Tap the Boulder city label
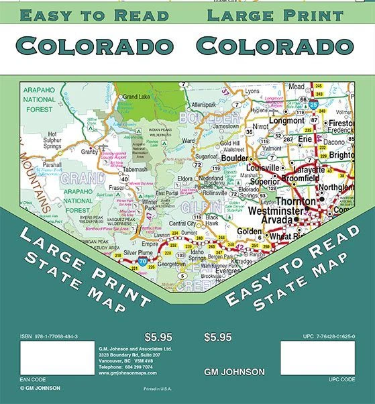[235, 158]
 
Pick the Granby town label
[91, 152]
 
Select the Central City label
[182, 223]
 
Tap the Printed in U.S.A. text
[158, 389]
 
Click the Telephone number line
[128, 368]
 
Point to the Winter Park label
[148, 202]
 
